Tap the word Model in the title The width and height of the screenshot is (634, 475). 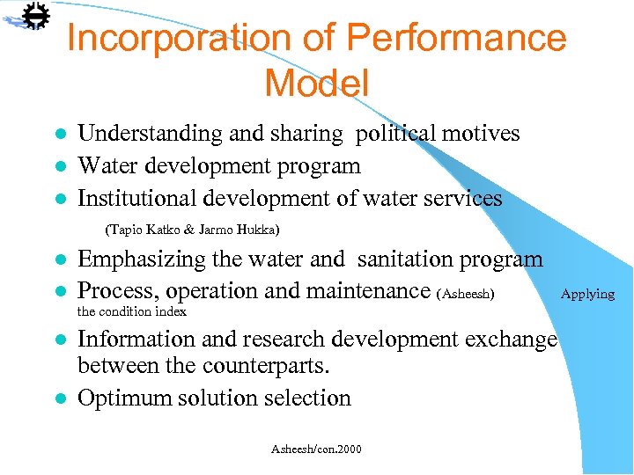click(x=316, y=84)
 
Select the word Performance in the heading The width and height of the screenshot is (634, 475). click(x=455, y=39)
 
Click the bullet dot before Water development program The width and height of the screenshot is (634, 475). click(x=60, y=167)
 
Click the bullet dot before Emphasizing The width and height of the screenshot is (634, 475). click(x=60, y=260)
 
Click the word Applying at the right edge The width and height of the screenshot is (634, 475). click(x=587, y=294)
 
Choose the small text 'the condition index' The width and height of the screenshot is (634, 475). click(x=132, y=311)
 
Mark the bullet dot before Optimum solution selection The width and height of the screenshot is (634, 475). click(x=60, y=398)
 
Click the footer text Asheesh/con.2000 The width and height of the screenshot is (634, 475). click(x=316, y=449)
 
